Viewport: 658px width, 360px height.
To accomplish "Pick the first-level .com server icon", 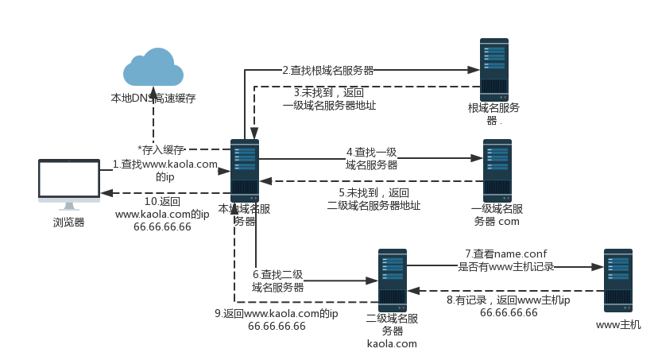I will (497, 169).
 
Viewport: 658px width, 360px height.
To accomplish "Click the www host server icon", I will (617, 279).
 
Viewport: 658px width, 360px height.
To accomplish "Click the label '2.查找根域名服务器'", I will (328, 71).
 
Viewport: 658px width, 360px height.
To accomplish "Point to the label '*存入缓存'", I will (161, 149).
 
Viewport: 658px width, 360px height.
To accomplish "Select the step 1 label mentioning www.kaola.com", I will (165, 170).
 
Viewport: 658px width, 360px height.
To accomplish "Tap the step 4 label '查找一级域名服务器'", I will (371, 158).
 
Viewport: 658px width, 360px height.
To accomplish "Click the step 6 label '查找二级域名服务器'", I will (278, 281).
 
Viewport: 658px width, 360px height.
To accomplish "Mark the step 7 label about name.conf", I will (505, 259).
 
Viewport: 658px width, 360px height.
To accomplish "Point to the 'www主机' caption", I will (617, 325).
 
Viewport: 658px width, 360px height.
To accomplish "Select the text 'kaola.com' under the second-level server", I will (392, 343).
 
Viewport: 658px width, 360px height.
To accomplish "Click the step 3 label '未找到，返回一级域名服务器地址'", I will (329, 99).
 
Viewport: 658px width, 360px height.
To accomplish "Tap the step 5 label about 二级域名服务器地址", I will (374, 199).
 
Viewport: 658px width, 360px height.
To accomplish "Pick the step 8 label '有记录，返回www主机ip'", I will (509, 307).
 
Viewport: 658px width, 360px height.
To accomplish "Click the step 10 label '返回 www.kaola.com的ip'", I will (162, 214).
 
